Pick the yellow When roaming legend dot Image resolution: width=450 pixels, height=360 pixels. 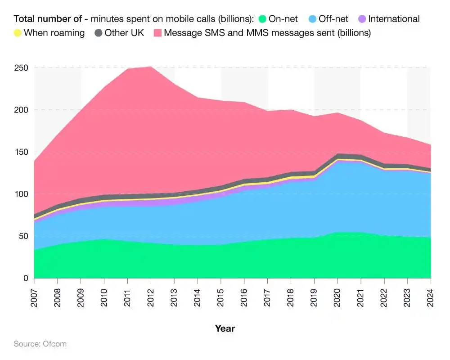coord(18,33)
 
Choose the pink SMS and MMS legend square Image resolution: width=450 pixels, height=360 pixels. coord(157,33)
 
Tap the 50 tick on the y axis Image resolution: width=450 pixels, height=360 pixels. coord(24,236)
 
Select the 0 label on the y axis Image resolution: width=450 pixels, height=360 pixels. coord(26,279)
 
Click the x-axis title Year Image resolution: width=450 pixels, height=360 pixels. coord(225,328)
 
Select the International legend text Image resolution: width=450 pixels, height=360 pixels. coord(394,19)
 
